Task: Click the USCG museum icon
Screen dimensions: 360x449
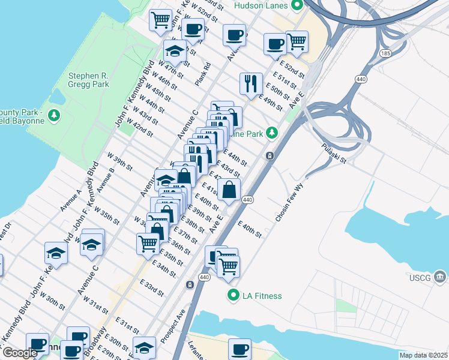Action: (x=440, y=277)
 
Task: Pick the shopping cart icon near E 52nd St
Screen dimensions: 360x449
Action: (x=297, y=41)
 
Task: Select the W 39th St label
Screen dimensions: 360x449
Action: (x=119, y=161)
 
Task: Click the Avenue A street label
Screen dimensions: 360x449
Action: (x=70, y=200)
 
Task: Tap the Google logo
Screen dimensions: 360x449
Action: (x=19, y=353)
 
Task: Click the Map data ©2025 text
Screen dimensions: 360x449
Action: (x=423, y=355)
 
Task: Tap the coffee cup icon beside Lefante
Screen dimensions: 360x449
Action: (x=240, y=349)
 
